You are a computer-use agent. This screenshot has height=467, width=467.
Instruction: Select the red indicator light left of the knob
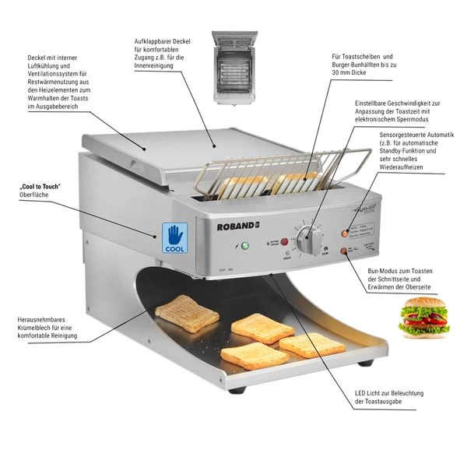(285, 253)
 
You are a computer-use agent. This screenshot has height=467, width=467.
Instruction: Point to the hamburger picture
(426, 318)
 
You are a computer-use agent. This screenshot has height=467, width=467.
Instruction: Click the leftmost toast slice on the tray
(187, 312)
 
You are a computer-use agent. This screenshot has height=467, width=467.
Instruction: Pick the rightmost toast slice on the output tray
(311, 344)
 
